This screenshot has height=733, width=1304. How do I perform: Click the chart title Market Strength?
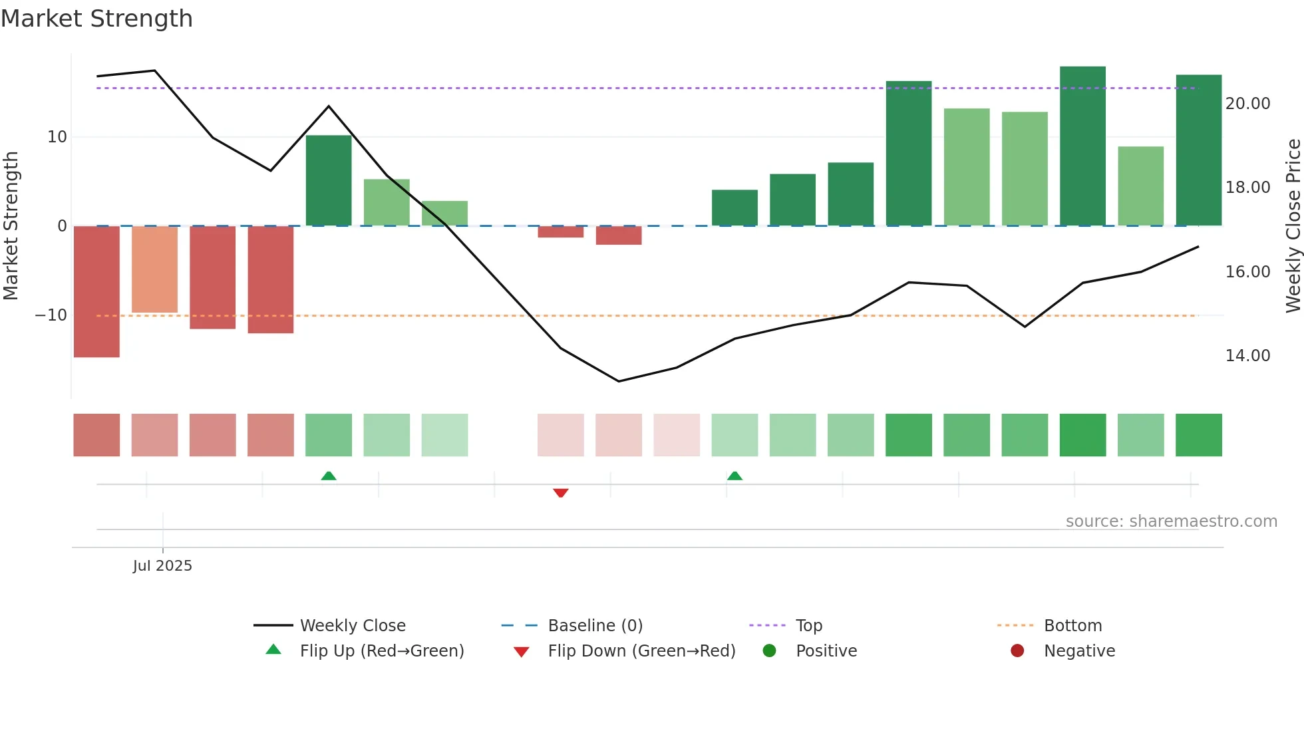(x=96, y=19)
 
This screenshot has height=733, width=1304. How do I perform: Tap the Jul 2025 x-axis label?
(x=162, y=566)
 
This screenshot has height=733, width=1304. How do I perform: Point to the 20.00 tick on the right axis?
(x=1247, y=104)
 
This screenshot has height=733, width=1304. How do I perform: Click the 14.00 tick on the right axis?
(x=1247, y=356)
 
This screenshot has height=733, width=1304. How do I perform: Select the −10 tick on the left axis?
(x=51, y=315)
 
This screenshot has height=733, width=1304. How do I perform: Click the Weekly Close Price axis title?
(x=1293, y=225)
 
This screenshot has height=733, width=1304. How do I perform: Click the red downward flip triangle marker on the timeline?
(x=561, y=493)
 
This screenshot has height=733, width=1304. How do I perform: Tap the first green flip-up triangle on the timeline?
(x=329, y=476)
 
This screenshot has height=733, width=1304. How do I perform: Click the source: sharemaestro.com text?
(x=1171, y=521)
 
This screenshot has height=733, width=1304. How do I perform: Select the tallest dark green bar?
(x=1082, y=146)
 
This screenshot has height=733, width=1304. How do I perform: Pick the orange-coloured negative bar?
(x=154, y=269)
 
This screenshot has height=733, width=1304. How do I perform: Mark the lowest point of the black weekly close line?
(x=619, y=381)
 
